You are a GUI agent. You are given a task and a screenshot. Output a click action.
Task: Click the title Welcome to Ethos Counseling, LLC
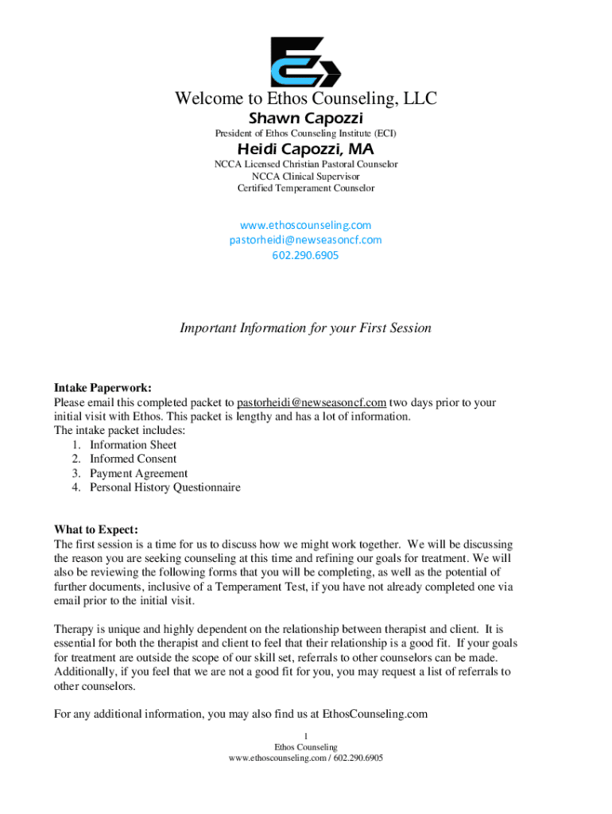click(x=306, y=99)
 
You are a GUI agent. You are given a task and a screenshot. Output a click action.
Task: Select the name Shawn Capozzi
click(x=306, y=118)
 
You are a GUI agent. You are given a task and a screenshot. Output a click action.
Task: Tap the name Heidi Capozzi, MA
click(x=306, y=149)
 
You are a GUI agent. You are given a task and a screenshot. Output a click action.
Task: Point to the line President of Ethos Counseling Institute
click(x=306, y=134)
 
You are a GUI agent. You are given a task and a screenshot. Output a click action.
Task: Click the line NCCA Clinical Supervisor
click(x=306, y=176)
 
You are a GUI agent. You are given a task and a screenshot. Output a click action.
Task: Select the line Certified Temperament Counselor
click(x=306, y=188)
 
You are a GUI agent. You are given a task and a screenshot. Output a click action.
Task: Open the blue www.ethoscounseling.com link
click(x=306, y=225)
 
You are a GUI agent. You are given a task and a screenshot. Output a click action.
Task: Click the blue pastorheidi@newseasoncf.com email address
click(x=306, y=239)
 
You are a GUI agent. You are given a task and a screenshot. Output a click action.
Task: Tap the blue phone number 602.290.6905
click(x=306, y=255)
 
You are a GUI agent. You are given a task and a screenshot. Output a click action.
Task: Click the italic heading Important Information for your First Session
click(x=306, y=328)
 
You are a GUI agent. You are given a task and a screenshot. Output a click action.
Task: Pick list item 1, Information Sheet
click(x=133, y=445)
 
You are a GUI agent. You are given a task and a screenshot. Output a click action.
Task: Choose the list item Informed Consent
click(x=133, y=459)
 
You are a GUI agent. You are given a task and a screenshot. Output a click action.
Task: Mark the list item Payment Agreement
click(x=138, y=474)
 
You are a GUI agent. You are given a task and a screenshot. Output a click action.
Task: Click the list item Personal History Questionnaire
click(x=165, y=487)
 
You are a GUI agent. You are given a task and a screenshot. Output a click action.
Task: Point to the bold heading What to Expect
click(x=95, y=529)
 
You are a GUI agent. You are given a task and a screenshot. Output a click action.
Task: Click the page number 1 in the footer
click(x=306, y=735)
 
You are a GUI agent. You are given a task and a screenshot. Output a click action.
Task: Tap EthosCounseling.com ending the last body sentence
click(x=374, y=714)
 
